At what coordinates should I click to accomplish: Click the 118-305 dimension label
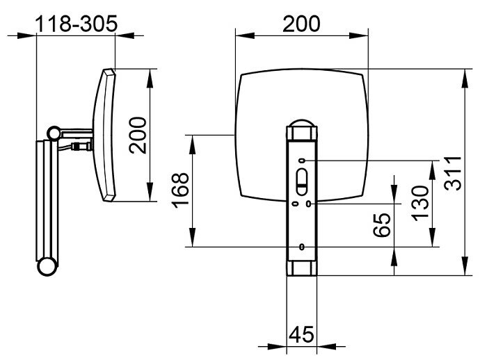coord(77,24)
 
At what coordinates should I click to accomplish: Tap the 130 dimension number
coord(421,203)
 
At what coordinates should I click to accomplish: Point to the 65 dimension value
coord(382,224)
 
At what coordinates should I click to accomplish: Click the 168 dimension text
coord(180,190)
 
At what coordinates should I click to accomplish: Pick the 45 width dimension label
coord(301,334)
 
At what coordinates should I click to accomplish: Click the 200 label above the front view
coord(301,24)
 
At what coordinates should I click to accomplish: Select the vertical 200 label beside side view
coord(138,135)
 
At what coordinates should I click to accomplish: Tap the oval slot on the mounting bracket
coord(302,181)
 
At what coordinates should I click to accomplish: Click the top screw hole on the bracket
coord(302,161)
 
